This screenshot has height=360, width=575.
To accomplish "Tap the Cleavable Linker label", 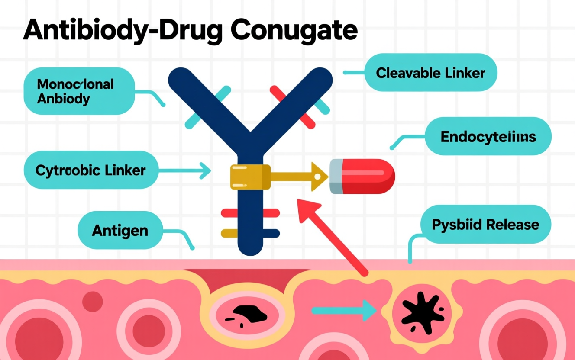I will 430,73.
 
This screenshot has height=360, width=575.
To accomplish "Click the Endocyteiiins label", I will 488,137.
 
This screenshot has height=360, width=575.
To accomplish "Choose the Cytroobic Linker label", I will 90,170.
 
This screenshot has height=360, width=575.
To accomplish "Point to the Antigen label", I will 120,230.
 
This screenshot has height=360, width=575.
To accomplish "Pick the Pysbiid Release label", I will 485,225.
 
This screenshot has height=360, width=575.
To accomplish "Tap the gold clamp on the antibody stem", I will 250,177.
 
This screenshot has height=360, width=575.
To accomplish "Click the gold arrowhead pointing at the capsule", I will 319,176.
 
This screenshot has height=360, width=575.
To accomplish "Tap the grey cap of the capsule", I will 336,176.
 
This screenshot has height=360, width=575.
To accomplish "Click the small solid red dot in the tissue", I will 92,301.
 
